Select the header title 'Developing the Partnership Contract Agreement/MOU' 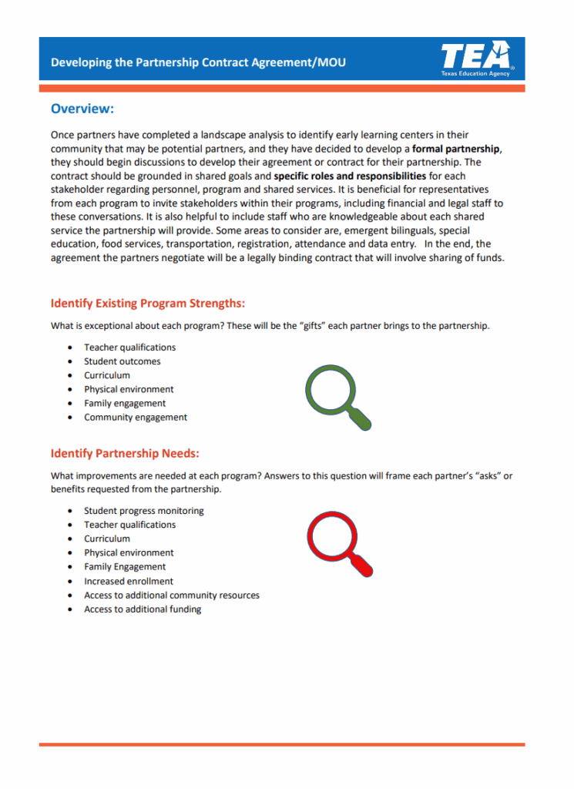click(x=198, y=62)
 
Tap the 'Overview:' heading click(x=82, y=109)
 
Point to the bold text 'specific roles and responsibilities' click(x=350, y=176)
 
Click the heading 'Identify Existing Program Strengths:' click(x=148, y=303)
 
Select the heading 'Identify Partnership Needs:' click(x=125, y=453)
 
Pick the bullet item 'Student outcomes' click(x=123, y=361)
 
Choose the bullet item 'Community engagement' click(x=136, y=418)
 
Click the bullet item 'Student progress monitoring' click(x=144, y=511)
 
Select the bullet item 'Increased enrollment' click(x=129, y=581)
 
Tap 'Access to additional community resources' click(x=172, y=596)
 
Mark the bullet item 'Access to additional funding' click(x=143, y=609)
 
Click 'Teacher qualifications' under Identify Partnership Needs click(x=129, y=525)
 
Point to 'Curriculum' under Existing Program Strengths click(x=107, y=375)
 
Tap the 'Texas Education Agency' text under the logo click(x=475, y=74)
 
